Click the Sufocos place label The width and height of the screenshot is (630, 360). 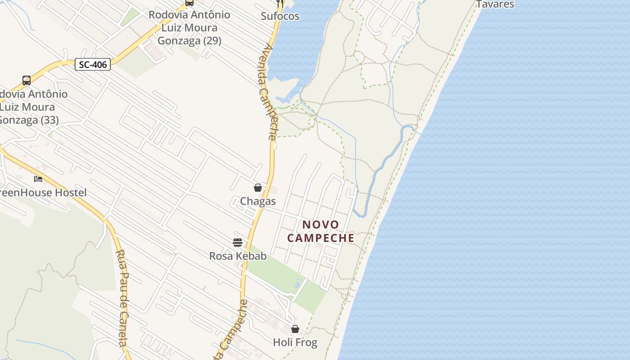tap(280, 16)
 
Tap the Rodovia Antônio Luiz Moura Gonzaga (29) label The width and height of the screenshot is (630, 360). tap(189, 28)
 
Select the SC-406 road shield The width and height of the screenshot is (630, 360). tap(93, 64)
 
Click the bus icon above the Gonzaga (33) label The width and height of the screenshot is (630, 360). tap(27, 81)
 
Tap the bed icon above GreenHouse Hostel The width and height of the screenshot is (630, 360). tap(38, 179)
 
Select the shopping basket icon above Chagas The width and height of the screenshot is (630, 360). tap(258, 188)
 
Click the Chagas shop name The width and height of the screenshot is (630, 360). tap(258, 201)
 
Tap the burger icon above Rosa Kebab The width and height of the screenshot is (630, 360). tap(238, 243)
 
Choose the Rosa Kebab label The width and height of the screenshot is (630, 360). tap(238, 256)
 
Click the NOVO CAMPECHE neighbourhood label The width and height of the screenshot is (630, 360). tap(321, 231)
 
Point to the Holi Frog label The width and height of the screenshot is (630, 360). tap(295, 342)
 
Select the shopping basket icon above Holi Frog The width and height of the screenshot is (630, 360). tap(295, 329)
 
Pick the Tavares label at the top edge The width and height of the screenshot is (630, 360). tap(495, 4)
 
